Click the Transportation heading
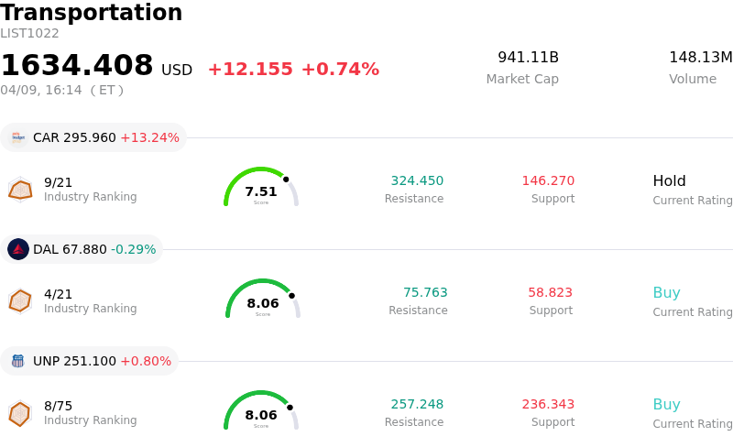[92, 13]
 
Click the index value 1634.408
[77, 66]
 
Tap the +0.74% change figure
[340, 70]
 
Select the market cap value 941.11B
[528, 58]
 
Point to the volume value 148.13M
[700, 58]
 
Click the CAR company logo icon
[18, 137]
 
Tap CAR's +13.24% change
[149, 137]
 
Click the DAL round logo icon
[18, 249]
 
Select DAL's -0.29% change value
[133, 249]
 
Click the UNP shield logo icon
[18, 361]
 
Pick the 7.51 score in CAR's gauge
[261, 191]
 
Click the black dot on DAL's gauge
[291, 296]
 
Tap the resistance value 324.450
[417, 180]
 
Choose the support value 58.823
[550, 292]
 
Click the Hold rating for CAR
[669, 180]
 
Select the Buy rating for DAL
[666, 292]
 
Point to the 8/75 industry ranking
[58, 406]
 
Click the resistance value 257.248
[417, 404]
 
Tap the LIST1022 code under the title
[29, 34]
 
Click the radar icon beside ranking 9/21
[20, 190]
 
